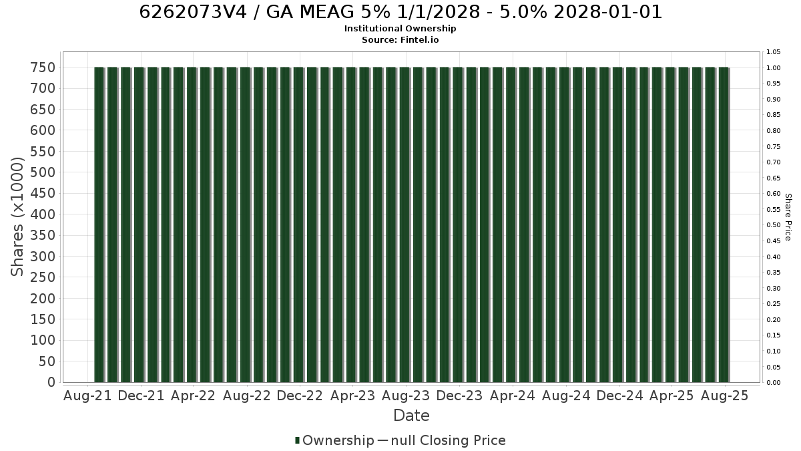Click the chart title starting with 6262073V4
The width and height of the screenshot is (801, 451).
(400, 12)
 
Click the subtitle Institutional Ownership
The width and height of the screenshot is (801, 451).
(400, 29)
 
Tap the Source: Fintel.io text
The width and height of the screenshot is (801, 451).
(400, 39)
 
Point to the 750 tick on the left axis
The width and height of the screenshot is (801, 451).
(43, 67)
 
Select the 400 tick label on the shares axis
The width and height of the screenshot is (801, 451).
(43, 214)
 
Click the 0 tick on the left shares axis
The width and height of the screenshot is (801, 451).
(52, 382)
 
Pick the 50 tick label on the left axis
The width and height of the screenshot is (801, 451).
(47, 361)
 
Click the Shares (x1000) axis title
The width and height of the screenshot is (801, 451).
(17, 217)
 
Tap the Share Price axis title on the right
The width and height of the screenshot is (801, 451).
(788, 217)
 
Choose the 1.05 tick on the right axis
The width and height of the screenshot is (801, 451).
(773, 52)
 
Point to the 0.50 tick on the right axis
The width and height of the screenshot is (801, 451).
(773, 225)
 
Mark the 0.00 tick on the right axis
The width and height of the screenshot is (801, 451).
(773, 383)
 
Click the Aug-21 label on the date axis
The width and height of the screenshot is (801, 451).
(87, 396)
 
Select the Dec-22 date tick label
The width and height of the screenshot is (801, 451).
(300, 396)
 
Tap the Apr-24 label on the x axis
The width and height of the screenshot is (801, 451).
(513, 396)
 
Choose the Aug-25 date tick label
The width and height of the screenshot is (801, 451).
(724, 396)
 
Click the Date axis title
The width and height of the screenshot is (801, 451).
(411, 416)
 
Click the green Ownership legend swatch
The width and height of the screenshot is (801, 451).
(297, 440)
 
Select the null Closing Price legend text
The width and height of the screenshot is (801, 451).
(449, 440)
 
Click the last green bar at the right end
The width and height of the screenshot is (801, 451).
(724, 224)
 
